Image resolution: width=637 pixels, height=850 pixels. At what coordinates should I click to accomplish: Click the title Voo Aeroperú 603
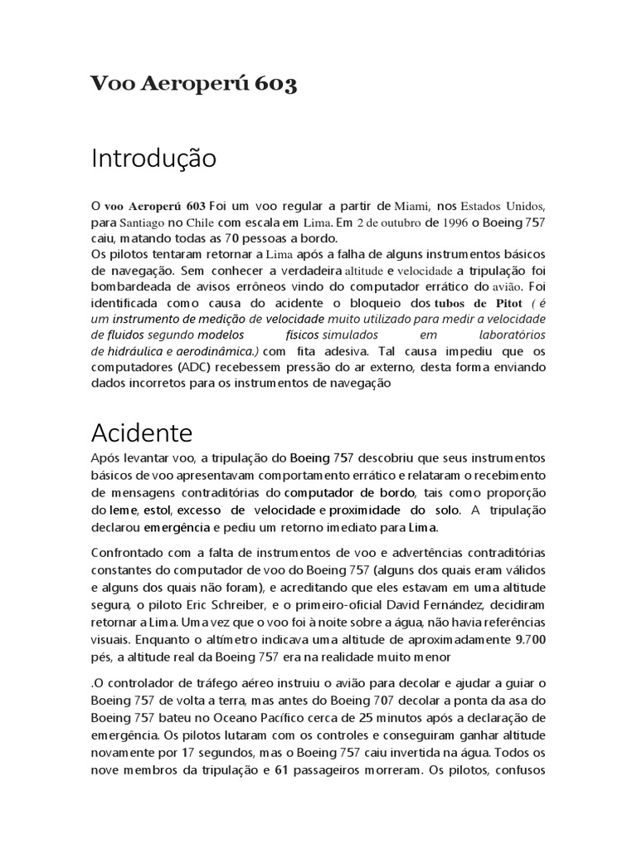(x=193, y=85)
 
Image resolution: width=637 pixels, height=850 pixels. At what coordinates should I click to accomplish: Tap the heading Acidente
(x=141, y=432)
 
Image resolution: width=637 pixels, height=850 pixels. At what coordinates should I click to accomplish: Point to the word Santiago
(x=142, y=223)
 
